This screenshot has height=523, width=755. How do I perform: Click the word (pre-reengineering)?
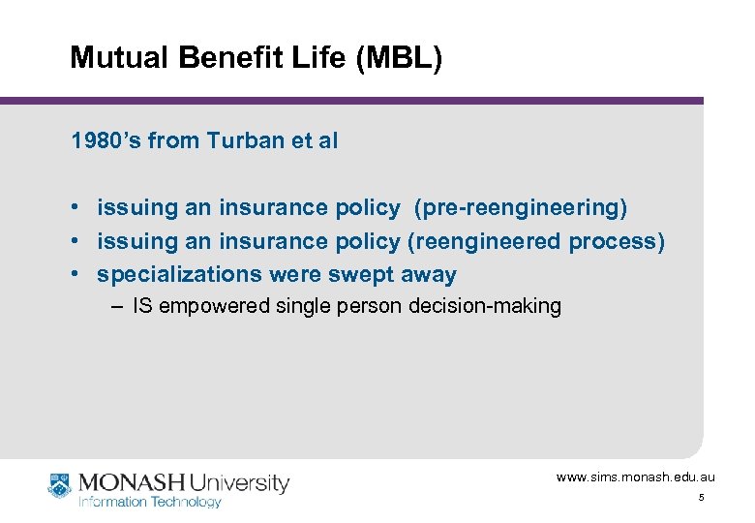521,208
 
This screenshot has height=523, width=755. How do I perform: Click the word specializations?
180,275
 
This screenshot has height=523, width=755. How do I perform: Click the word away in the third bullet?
428,275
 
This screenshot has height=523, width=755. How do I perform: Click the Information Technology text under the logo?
149,502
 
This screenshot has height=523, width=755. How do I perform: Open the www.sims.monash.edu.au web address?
635,477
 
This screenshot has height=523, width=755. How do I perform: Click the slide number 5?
701,498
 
